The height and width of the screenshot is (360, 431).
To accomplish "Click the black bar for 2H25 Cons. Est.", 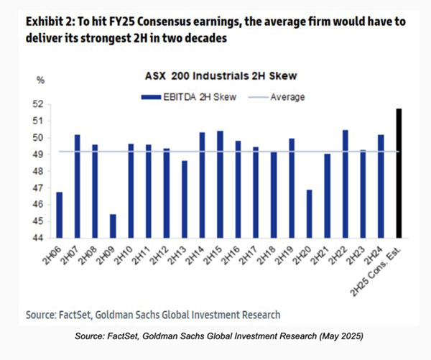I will [x=399, y=173].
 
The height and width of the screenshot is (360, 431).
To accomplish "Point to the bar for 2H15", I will [x=220, y=184].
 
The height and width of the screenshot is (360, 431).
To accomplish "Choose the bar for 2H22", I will [x=345, y=184].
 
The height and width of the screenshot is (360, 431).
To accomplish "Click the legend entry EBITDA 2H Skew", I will [x=176, y=96].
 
